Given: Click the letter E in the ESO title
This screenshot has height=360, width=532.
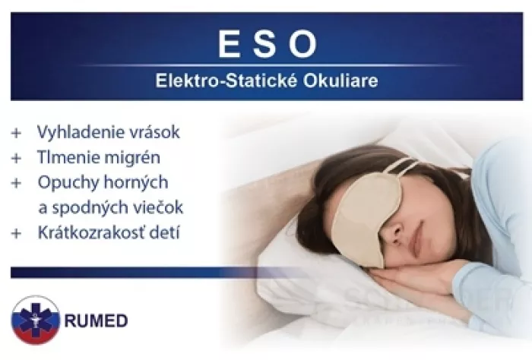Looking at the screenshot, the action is [230, 44].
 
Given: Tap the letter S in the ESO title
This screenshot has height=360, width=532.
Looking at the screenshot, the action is [265, 44].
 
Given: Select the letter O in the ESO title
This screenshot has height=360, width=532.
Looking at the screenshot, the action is [303, 44].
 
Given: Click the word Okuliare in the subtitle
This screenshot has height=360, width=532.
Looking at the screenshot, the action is [340, 81].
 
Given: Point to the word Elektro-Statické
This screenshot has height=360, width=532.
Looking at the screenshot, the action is [226, 81].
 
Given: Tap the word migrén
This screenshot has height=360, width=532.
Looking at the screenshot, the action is [138, 158].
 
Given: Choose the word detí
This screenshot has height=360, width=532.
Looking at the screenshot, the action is [166, 233].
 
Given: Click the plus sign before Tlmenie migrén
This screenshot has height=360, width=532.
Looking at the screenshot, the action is [16, 158].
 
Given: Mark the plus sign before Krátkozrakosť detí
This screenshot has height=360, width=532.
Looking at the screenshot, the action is [16, 234].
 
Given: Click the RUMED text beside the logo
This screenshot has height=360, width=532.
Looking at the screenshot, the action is [96, 321].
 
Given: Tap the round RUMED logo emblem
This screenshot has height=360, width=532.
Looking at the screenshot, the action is [35, 320].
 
